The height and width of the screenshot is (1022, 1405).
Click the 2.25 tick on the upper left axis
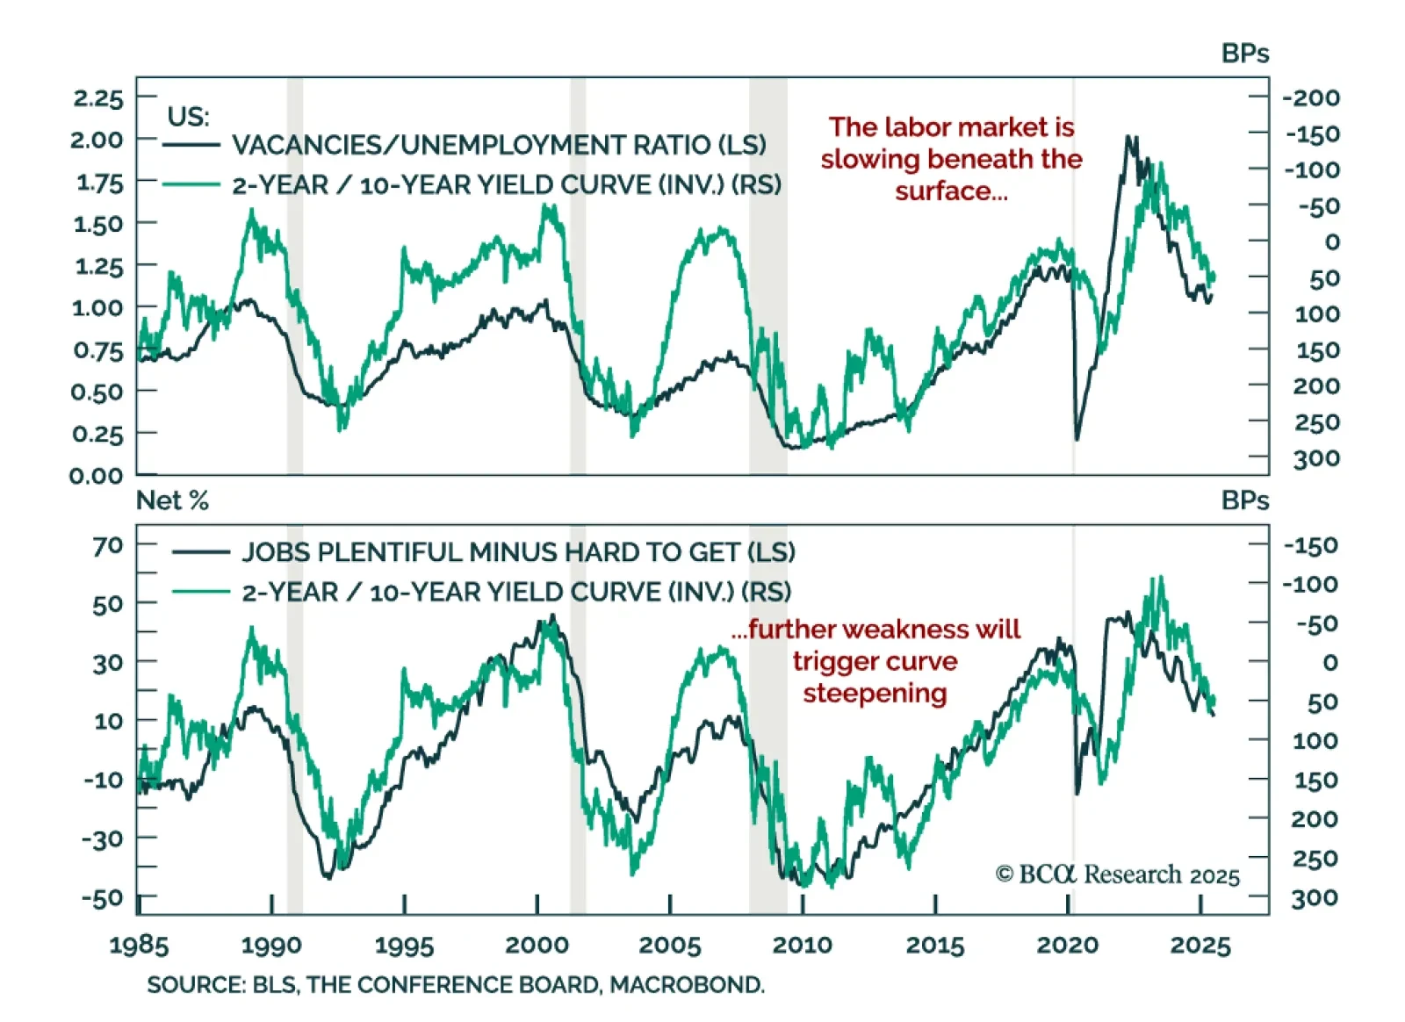[98, 97]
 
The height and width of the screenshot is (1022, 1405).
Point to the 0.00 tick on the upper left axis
[97, 476]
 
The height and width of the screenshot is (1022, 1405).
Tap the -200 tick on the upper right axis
[1311, 97]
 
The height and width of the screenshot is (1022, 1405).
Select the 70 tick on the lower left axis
[108, 545]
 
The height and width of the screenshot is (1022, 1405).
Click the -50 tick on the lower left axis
[102, 898]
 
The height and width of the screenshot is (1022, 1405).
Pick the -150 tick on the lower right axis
[1310, 545]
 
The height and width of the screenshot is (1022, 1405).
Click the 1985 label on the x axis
[139, 946]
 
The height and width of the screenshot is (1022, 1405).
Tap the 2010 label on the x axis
[802, 946]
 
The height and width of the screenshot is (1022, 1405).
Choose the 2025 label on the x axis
[1200, 946]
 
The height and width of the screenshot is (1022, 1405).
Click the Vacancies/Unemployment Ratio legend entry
[499, 145]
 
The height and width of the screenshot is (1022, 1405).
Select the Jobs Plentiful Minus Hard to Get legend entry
[518, 552]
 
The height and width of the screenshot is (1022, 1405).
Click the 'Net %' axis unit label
[172, 500]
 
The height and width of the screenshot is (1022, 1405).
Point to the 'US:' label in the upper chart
[188, 117]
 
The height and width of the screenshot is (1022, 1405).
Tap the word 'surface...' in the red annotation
[951, 191]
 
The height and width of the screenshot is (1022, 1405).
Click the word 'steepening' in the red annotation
[875, 693]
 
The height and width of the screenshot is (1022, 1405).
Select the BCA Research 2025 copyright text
[1117, 874]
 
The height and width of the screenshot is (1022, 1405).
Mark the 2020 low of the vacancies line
[1077, 438]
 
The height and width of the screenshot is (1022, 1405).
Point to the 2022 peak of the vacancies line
[1130, 138]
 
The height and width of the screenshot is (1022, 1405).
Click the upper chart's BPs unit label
[1244, 54]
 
